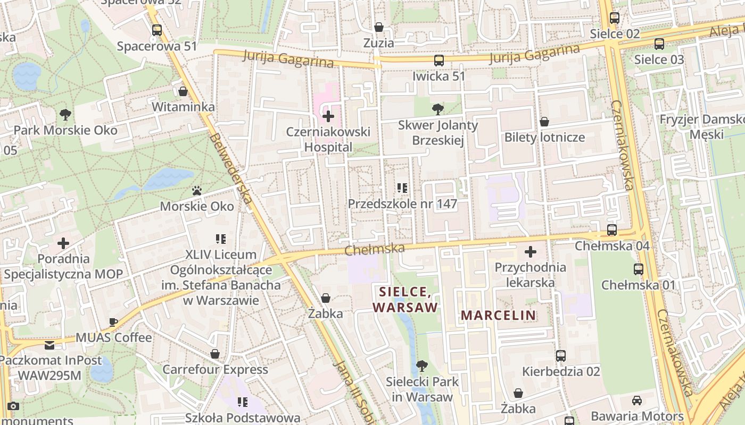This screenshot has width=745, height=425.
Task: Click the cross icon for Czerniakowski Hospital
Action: click(x=328, y=116)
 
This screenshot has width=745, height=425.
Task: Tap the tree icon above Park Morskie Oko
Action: click(x=65, y=114)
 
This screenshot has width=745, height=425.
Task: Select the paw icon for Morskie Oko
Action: click(x=197, y=190)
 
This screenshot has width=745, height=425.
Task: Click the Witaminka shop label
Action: click(x=183, y=107)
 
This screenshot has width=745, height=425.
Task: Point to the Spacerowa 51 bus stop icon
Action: click(x=156, y=30)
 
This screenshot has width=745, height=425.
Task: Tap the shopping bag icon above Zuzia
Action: click(x=379, y=27)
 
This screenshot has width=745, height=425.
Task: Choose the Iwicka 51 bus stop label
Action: click(x=438, y=76)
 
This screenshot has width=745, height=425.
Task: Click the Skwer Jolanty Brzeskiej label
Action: click(x=438, y=133)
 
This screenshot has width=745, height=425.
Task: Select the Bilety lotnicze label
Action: click(x=544, y=137)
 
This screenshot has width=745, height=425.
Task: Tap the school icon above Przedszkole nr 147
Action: click(x=402, y=188)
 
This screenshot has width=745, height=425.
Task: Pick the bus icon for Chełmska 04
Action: click(x=612, y=230)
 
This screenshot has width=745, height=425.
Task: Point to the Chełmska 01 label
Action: click(x=638, y=285)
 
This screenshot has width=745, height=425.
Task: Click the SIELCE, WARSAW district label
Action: click(x=405, y=299)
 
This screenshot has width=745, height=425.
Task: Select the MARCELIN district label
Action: click(x=498, y=315)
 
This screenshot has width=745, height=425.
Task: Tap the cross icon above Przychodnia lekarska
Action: click(x=530, y=251)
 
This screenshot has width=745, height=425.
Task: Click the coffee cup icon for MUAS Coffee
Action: click(x=113, y=322)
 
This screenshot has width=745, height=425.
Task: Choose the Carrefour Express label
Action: click(x=215, y=369)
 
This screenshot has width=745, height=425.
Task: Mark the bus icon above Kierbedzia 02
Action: click(x=561, y=355)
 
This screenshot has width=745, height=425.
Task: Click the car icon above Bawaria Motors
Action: click(x=636, y=401)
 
